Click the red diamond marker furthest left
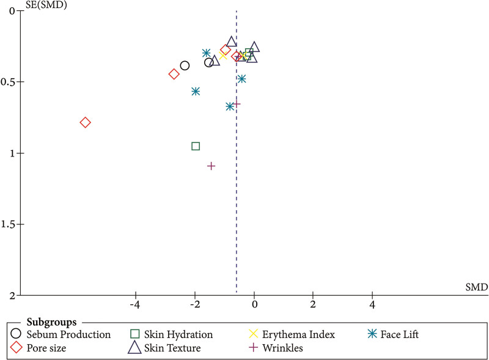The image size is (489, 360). [85, 123]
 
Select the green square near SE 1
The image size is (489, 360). [196, 146]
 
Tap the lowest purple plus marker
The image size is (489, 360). [211, 166]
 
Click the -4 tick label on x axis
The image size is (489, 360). [135, 304]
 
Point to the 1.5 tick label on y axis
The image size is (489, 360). [9, 224]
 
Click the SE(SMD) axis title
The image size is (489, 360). [46, 5]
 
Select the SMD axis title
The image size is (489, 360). [477, 287]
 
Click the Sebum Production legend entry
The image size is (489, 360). [61, 334]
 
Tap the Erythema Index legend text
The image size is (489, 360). [298, 334]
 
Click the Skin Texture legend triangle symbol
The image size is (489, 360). [134, 347]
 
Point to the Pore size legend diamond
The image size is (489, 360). [17, 348]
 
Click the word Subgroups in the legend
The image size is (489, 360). [51, 322]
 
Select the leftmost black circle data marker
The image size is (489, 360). [185, 65]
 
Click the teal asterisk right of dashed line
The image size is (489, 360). [241, 79]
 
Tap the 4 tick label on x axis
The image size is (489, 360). [372, 304]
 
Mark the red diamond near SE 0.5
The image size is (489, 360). [174, 74]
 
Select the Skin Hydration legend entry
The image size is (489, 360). [171, 334]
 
